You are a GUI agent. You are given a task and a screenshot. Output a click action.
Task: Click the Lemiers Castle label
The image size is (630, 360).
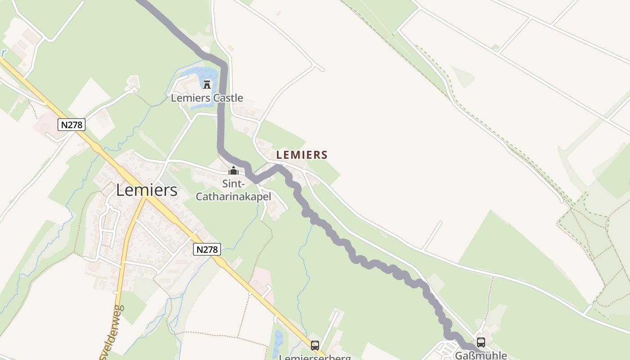click(207, 98)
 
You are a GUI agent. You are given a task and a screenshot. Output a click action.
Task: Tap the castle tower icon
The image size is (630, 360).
click(207, 84)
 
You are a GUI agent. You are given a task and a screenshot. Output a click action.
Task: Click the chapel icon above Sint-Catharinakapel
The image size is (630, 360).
click(234, 171)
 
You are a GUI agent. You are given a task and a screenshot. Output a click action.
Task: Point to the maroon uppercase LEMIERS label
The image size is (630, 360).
click(301, 155)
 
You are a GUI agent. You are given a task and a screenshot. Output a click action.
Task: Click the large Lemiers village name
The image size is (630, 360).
click(147, 190)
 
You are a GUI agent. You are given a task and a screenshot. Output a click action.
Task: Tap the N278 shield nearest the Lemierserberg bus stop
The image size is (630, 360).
click(207, 249)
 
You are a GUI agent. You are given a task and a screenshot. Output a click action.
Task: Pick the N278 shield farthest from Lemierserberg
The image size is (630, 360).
click(72, 125)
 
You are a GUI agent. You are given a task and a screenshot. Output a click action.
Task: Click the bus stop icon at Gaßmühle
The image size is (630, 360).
click(481, 342)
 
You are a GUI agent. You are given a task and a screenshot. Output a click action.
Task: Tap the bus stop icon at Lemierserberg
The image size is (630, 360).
click(315, 346)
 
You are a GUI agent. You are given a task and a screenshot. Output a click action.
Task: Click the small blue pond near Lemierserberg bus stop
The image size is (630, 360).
click(278, 338)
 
